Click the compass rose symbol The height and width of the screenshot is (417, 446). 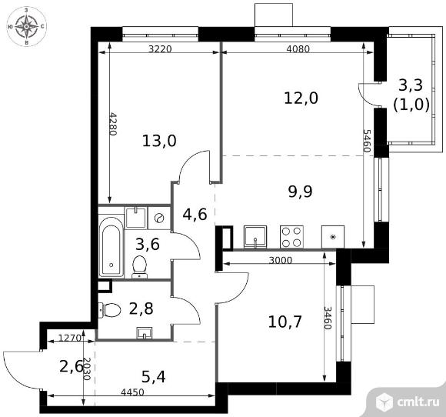(28, 26)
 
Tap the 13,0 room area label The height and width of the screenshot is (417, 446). (159, 140)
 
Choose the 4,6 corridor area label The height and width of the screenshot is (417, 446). (195, 214)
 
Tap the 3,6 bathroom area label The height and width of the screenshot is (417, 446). (147, 245)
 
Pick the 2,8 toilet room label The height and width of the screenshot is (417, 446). (140, 309)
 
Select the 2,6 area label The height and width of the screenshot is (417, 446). (70, 366)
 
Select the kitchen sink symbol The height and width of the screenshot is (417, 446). (255, 235)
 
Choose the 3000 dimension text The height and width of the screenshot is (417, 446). (281, 260)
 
